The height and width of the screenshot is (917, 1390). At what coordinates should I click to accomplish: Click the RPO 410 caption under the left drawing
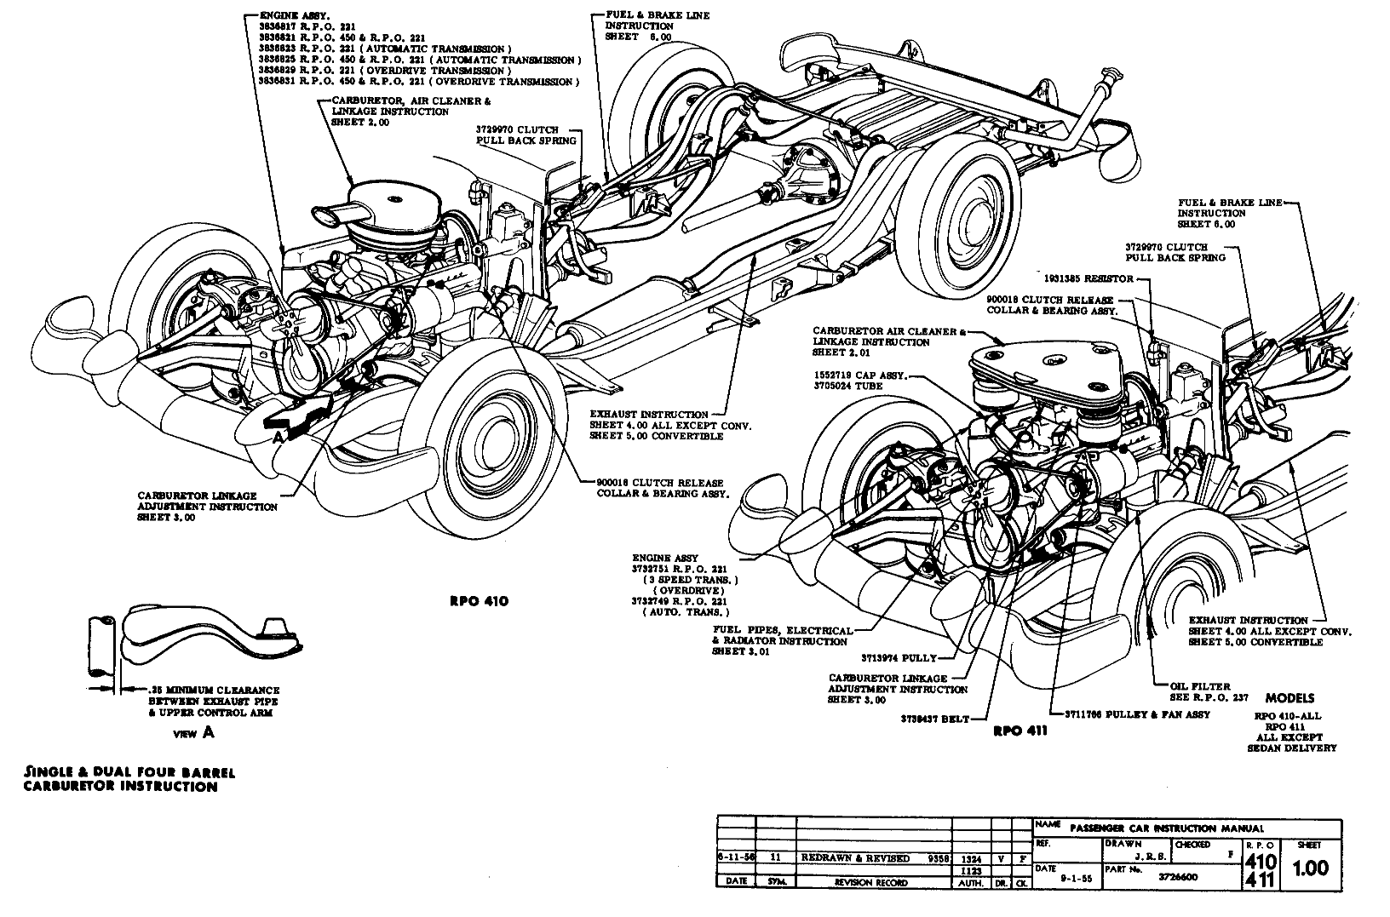point(479,601)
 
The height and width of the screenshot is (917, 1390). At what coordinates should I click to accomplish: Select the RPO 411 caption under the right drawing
point(1019,731)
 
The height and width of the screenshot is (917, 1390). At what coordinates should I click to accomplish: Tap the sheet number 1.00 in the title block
point(1309,868)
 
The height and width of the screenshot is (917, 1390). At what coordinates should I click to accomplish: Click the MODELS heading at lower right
point(1289,697)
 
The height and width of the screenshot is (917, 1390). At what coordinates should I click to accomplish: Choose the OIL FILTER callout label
point(1201,685)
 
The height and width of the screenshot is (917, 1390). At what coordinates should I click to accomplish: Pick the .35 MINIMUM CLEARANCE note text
point(213,690)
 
